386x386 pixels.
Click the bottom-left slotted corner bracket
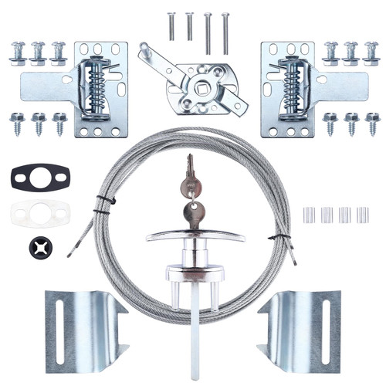click(x=83, y=328)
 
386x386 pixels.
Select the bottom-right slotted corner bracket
click(x=302, y=328)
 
